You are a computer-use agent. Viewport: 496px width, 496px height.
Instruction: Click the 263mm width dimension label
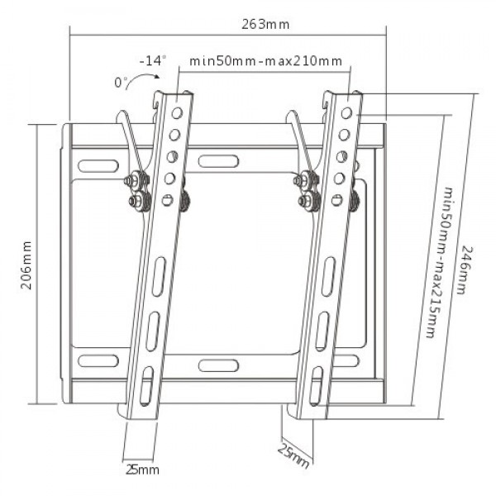click(x=266, y=24)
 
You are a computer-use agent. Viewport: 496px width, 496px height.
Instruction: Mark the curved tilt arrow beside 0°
click(x=146, y=79)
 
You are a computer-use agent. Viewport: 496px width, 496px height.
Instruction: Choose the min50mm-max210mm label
click(x=266, y=61)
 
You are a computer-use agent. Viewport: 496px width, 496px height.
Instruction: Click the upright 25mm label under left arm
click(x=141, y=470)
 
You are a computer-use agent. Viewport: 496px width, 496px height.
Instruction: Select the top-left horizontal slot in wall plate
click(x=98, y=161)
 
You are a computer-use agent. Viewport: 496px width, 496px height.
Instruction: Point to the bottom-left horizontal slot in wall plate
click(x=98, y=360)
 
